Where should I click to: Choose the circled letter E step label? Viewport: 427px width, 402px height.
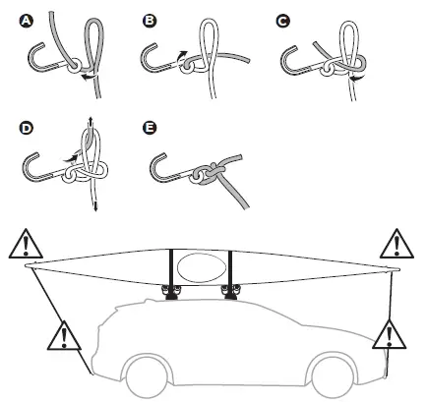tap(150, 128)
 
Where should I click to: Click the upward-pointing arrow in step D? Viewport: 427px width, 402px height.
tap(91, 120)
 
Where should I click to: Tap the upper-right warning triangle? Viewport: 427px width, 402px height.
tap(396, 243)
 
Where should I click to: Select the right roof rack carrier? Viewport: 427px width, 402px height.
tap(234, 291)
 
